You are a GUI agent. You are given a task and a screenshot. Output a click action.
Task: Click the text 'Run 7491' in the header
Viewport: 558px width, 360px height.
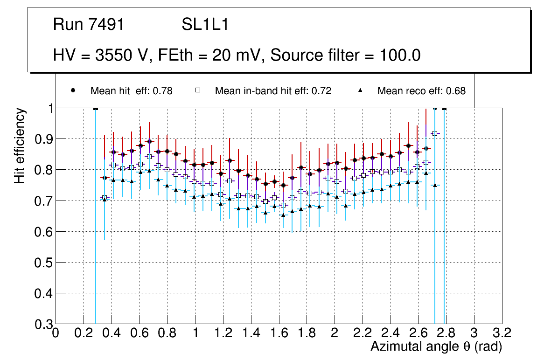coord(89,25)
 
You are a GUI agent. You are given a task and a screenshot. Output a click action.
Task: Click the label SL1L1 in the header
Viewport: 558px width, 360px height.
coord(205,25)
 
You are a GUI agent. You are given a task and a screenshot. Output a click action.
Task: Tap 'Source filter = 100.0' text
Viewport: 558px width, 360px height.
coord(346,55)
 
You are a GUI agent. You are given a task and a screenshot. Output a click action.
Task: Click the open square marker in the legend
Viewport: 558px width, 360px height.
coord(198,90)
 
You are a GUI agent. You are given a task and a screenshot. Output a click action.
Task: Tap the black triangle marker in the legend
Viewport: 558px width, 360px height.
coord(360,90)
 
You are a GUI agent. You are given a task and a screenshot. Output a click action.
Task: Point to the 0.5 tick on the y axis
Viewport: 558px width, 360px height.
coord(43,263)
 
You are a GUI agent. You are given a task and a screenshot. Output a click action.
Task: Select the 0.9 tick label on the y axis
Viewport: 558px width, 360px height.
coord(43,139)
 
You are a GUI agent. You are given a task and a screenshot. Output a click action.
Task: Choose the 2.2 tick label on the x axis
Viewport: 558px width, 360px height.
coord(362,333)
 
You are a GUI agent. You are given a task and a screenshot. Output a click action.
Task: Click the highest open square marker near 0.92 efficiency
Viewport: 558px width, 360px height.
coord(435,133)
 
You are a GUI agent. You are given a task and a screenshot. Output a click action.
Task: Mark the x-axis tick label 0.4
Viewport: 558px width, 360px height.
coord(112,333)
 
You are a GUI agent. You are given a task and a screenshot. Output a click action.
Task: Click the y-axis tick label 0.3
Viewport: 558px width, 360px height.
coord(43,324)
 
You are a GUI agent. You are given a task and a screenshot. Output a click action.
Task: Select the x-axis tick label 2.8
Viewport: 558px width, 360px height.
coord(446,333)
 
